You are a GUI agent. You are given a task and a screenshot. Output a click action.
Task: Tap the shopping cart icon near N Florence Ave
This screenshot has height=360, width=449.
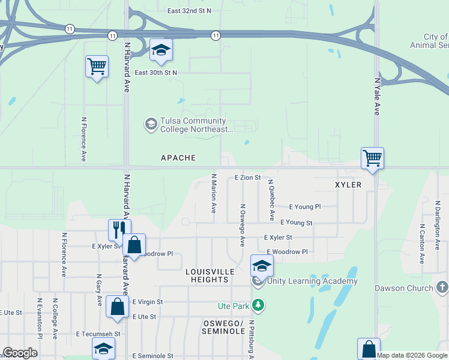pyautogui.click(x=97, y=67)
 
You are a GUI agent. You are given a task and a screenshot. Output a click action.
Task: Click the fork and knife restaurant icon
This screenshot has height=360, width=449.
pyautogui.click(x=119, y=230)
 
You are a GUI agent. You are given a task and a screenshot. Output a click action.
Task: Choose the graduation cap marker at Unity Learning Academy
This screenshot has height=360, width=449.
pyautogui.click(x=262, y=265)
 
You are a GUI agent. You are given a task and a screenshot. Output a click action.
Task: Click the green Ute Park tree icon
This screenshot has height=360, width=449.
pyautogui.click(x=258, y=305)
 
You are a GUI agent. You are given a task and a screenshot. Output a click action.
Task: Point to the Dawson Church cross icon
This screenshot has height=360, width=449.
pyautogui.click(x=442, y=287)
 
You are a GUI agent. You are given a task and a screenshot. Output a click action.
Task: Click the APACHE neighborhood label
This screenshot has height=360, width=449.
pyautogui.click(x=178, y=158)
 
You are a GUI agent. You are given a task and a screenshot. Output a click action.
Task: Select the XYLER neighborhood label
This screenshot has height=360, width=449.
pyautogui.click(x=348, y=185)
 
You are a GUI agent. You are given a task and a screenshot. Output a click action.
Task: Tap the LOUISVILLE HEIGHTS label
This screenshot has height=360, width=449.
pyautogui.click(x=209, y=276)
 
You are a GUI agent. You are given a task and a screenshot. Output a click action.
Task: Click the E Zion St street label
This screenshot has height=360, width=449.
pyautogui.click(x=248, y=178)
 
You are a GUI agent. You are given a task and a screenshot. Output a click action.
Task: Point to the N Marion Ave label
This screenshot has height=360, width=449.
pyautogui.click(x=214, y=193)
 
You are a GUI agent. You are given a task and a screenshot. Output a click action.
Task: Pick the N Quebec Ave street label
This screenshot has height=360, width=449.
pyautogui.click(x=271, y=200)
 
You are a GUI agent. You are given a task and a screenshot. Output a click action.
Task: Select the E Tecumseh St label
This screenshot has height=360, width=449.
pyautogui.click(x=98, y=334)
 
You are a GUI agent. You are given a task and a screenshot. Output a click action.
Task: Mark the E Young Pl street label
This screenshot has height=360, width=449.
pyautogui.click(x=305, y=206)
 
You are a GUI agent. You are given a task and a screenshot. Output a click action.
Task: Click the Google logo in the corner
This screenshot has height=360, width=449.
pyautogui.click(x=20, y=353)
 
